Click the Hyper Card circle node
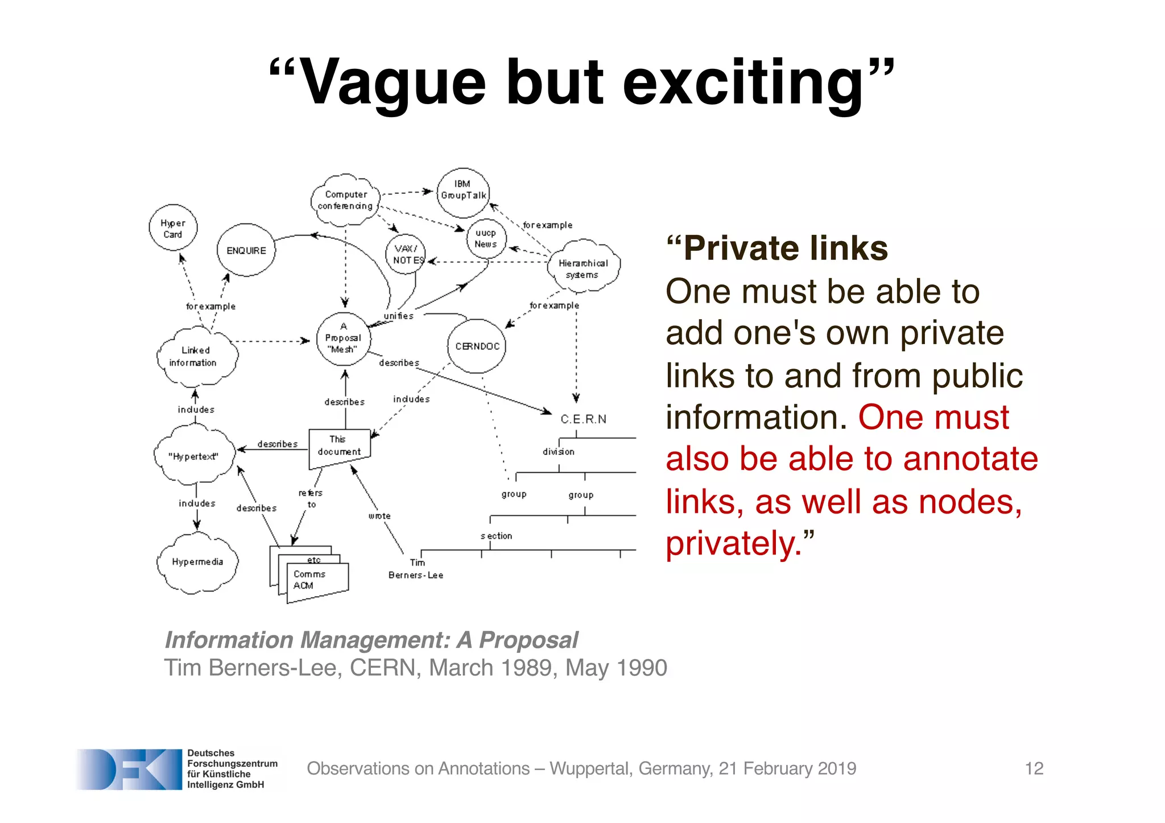pyautogui.click(x=173, y=228)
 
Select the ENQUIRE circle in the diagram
pyautogui.click(x=246, y=250)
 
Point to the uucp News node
pyautogui.click(x=486, y=238)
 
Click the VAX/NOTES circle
pyautogui.click(x=405, y=254)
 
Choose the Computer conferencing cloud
pyautogui.click(x=345, y=200)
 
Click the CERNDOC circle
pyautogui.click(x=477, y=346)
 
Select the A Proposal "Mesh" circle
pyautogui.click(x=344, y=338)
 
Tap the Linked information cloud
pyautogui.click(x=196, y=356)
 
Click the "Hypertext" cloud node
pyautogui.click(x=194, y=456)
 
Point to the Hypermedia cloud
pyautogui.click(x=197, y=562)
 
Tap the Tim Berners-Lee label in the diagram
pyautogui.click(x=416, y=569)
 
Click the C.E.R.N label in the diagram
pyautogui.click(x=583, y=419)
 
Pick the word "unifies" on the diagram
pyautogui.click(x=398, y=316)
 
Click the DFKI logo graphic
pyautogui.click(x=129, y=769)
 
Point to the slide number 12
pyautogui.click(x=1034, y=768)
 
